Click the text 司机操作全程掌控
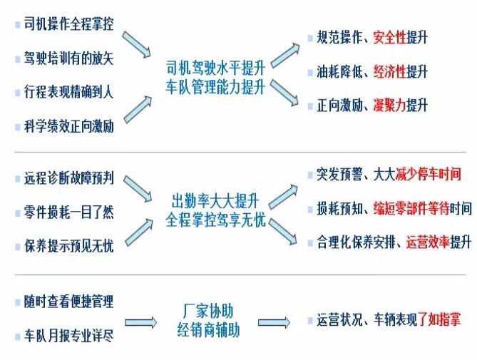(68, 24)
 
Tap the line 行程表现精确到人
(68, 93)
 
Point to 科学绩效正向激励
(68, 128)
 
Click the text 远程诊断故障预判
(68, 178)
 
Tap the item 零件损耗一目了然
(68, 212)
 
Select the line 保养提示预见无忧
(68, 247)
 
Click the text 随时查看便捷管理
(68, 302)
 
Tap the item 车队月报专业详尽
(68, 336)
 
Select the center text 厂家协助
(214, 312)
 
